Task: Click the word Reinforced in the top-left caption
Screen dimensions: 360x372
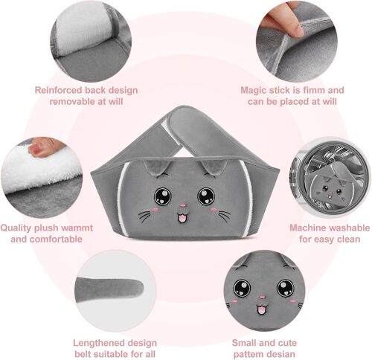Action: [57, 91]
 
